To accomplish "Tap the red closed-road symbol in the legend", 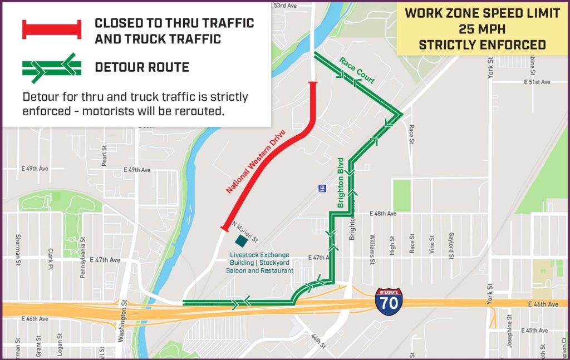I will click(x=52, y=29).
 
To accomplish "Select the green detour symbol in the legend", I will click(x=52, y=67).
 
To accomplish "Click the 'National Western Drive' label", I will click(x=256, y=162).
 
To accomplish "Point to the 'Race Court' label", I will click(x=357, y=70).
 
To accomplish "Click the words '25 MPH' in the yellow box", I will click(x=482, y=29).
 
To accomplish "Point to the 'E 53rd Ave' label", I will click(x=281, y=5).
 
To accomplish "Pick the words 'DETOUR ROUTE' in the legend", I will click(x=142, y=67).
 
